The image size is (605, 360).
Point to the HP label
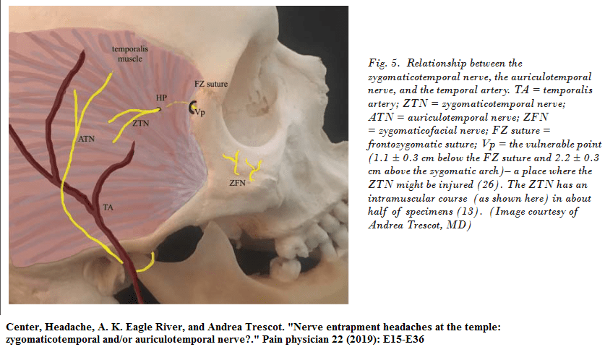click(x=160, y=97)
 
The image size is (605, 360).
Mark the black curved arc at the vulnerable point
click(x=192, y=108)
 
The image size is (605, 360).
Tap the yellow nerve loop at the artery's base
click(x=145, y=262)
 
